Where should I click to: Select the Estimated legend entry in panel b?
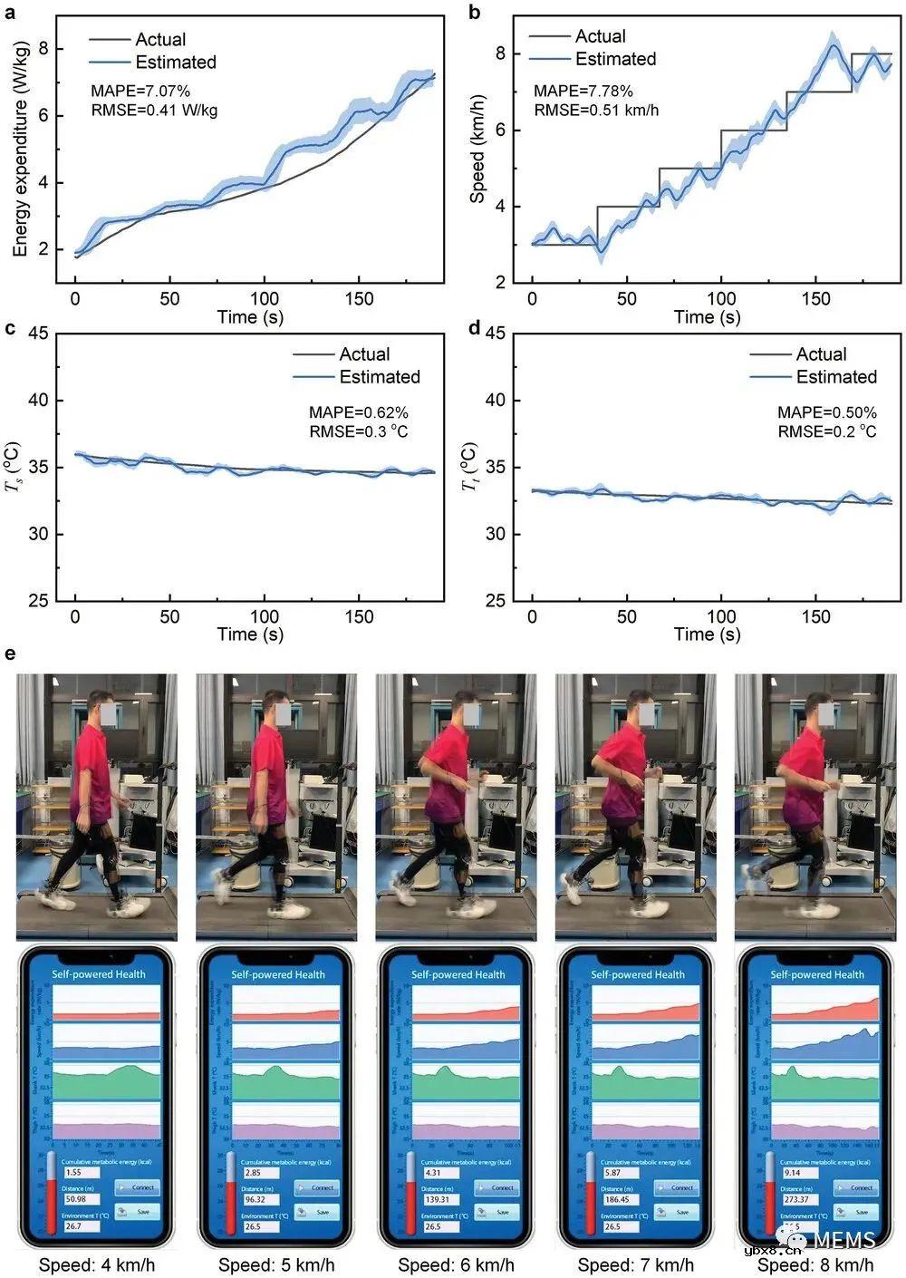point(615,59)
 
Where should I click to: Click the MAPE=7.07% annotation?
point(140,91)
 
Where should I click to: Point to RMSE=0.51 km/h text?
point(596,111)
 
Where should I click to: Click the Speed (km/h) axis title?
point(477,148)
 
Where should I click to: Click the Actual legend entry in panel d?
point(821,354)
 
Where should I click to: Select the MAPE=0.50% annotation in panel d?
point(827,412)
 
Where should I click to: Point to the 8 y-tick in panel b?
point(500,53)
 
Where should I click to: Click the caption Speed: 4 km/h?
point(97,1265)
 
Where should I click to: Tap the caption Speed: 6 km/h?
point(457,1265)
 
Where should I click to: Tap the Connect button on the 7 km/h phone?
point(681,1187)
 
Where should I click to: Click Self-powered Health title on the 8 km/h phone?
point(817,974)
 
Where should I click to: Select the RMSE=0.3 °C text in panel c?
point(359,431)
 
